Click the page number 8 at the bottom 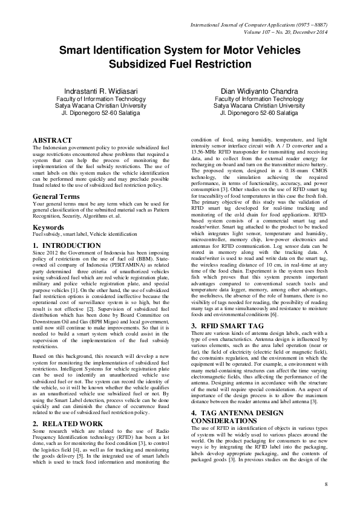[326, 485]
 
